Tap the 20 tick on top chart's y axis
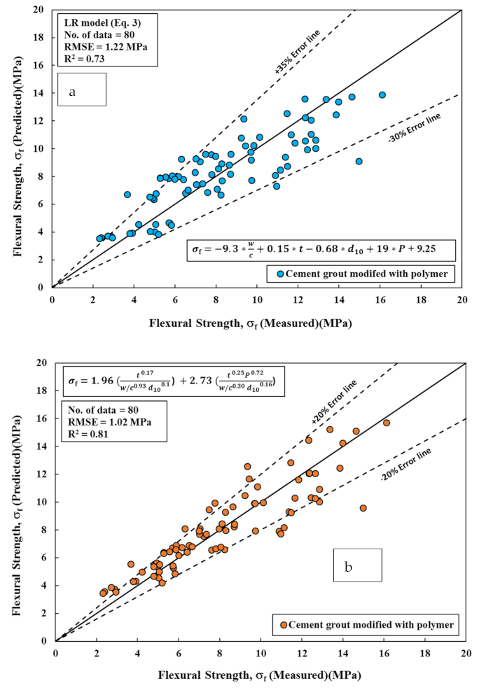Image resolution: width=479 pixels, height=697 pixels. point(41,10)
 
